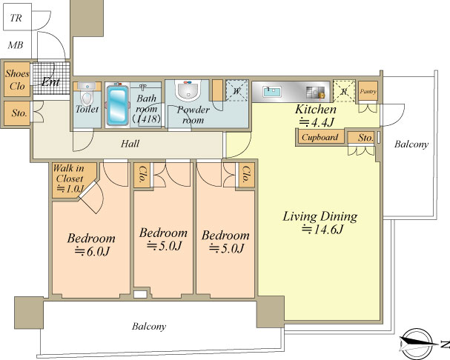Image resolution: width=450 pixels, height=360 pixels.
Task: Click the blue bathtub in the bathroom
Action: click(117, 105)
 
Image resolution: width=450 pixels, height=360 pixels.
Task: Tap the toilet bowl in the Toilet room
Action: click(87, 98)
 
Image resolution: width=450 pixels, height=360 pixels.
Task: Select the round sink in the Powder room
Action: click(188, 90)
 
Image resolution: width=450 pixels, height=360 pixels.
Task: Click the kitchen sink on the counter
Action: click(272, 92)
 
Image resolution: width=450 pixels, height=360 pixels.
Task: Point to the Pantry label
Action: click(368, 92)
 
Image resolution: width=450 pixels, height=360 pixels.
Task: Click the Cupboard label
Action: click(320, 137)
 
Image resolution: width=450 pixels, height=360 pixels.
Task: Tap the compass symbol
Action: click(417, 344)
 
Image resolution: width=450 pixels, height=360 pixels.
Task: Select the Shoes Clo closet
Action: click(17, 79)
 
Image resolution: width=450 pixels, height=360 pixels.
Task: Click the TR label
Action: click(16, 18)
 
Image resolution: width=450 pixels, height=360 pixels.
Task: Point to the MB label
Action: click(16, 45)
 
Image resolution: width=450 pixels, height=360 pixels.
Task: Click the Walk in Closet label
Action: click(69, 173)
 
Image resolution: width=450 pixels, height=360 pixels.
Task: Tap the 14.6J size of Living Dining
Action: click(322, 230)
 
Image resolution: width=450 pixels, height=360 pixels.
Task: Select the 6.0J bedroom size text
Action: click(92, 252)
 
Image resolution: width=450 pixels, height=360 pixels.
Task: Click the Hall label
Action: click(130, 144)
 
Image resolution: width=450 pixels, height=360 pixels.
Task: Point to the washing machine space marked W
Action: click(236, 90)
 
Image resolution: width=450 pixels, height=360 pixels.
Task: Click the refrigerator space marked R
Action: click(344, 91)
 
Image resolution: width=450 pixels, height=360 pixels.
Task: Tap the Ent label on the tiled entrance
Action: click(51, 82)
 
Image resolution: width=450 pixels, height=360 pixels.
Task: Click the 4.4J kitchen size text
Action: click(317, 122)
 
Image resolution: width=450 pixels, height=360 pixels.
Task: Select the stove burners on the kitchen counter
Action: click(315, 93)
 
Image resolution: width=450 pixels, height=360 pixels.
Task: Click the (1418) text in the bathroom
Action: click(146, 119)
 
